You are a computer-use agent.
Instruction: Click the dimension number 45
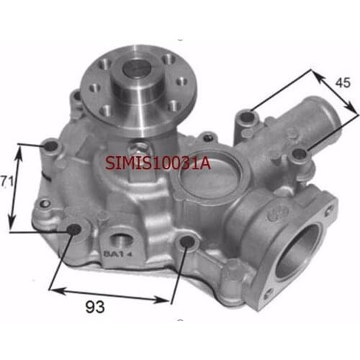[343, 83]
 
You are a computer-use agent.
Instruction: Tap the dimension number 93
[95, 307]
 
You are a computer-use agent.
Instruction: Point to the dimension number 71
[6, 181]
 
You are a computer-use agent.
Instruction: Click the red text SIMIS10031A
[158, 163]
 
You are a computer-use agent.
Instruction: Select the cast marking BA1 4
[118, 253]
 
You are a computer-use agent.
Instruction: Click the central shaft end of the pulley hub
[137, 68]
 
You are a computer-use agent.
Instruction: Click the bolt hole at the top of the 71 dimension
[51, 145]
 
